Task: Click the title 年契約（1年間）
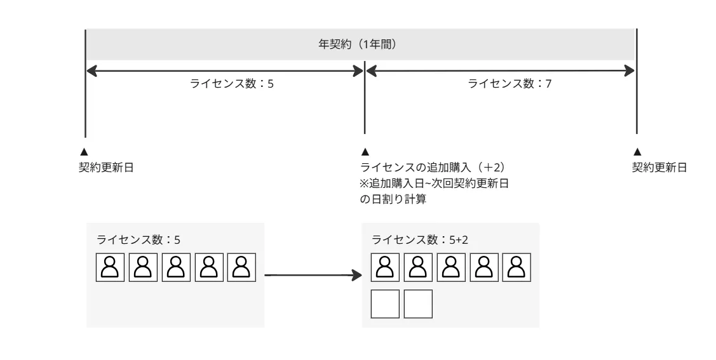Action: [361, 45]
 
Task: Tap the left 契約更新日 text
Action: [105, 167]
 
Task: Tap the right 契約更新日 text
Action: [659, 167]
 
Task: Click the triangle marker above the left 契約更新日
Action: [83, 152]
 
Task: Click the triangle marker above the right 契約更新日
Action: [637, 152]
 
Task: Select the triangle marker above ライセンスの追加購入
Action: [364, 152]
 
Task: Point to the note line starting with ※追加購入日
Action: [436, 183]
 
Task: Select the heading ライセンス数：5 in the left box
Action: [138, 240]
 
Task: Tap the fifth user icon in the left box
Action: [241, 267]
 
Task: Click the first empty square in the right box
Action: [385, 303]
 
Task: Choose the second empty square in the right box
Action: [418, 303]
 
